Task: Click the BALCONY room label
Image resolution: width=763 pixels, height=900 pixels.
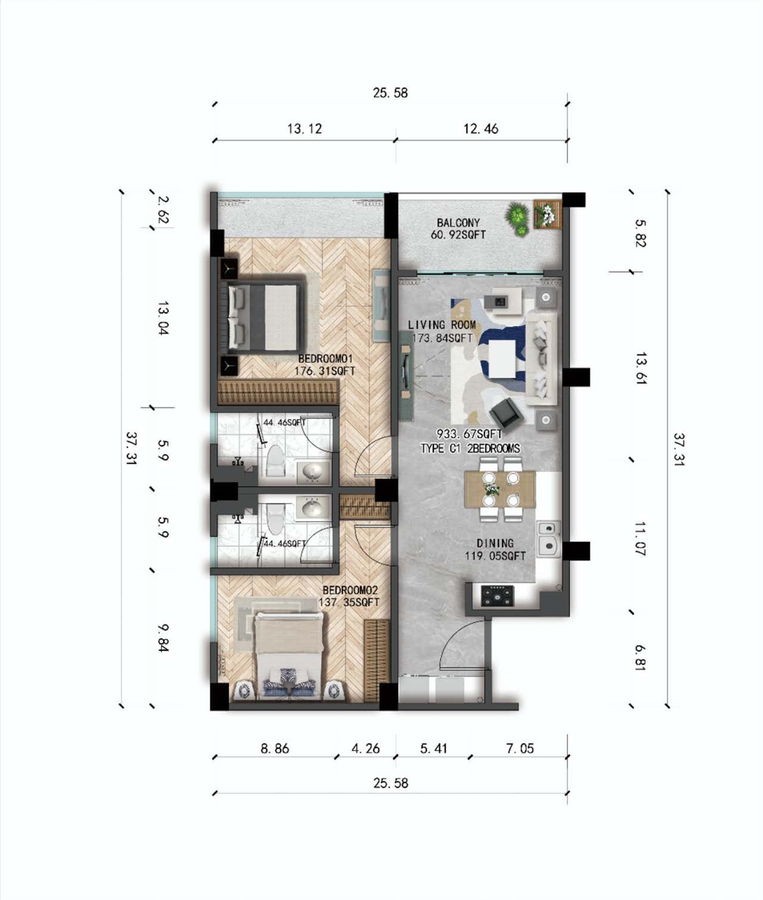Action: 458,222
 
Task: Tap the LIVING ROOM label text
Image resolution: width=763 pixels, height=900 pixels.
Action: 442,325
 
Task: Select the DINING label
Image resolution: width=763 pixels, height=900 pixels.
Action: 495,543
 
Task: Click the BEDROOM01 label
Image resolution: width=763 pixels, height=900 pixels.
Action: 325,359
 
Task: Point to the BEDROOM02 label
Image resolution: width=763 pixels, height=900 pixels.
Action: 349,590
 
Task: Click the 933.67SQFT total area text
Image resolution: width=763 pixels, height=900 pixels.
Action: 469,434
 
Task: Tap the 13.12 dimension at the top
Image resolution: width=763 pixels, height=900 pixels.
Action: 304,128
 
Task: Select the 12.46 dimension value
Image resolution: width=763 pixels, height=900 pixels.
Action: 481,128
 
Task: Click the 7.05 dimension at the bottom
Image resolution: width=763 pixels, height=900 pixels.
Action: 520,748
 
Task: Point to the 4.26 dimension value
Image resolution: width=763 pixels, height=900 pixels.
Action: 365,748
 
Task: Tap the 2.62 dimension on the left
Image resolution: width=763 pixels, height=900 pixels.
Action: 163,209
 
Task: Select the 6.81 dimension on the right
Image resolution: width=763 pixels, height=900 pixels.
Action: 641,657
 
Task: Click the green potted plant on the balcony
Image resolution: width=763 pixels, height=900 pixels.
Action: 517,218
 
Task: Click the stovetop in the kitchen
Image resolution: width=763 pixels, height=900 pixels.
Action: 497,595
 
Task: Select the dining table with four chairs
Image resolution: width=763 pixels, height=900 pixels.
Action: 500,489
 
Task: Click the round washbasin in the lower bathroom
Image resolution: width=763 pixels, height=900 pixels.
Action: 312,508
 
